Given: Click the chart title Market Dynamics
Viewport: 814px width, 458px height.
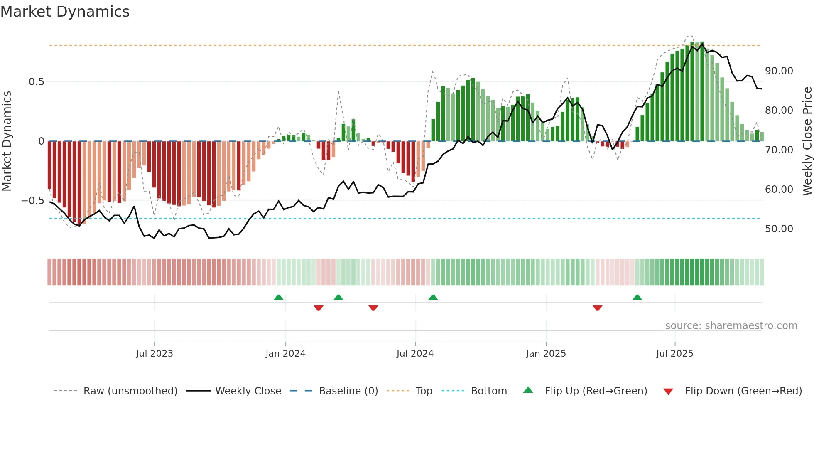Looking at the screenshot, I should tap(65, 12).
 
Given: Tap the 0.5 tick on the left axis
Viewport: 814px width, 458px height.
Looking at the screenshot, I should tap(36, 82).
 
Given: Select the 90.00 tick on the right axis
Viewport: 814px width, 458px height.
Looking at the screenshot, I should tap(779, 71).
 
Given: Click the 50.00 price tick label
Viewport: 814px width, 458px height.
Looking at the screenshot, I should tap(779, 229).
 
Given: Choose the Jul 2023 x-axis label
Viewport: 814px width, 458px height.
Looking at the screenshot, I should tap(154, 354).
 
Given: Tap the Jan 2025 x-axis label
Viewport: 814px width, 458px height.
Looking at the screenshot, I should tap(545, 354).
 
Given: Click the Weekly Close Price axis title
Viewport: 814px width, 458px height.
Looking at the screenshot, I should tap(807, 141).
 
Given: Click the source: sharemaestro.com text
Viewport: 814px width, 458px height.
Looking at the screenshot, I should tap(731, 326).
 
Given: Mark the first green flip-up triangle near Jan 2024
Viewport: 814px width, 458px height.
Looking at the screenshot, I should tap(279, 298).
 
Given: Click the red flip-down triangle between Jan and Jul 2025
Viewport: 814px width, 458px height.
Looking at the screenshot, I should tap(597, 308).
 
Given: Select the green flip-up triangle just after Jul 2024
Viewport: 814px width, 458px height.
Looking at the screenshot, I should tap(433, 298).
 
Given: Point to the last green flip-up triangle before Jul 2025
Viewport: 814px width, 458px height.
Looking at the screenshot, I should tap(637, 298).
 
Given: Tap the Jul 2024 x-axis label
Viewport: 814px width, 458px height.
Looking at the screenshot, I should tap(414, 354).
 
